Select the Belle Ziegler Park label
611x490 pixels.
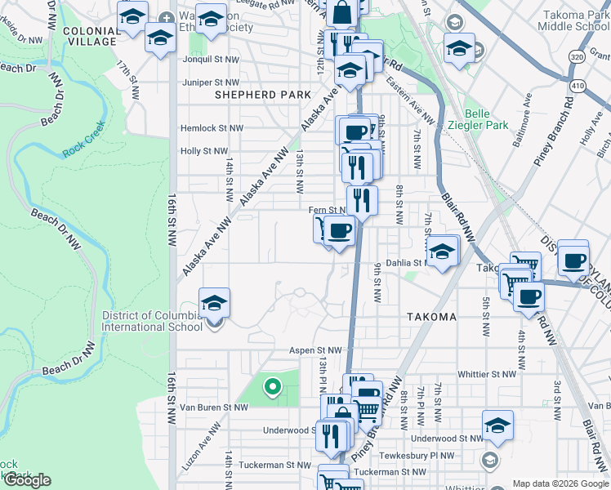coord(487,119)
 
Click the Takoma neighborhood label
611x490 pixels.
coord(431,317)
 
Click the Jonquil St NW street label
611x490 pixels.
coord(203,60)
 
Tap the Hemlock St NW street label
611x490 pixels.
coord(212,128)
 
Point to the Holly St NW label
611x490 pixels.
coord(203,151)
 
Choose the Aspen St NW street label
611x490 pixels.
coord(314,350)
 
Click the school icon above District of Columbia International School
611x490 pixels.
coord(214,303)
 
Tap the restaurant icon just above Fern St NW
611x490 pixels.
coord(361,198)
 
